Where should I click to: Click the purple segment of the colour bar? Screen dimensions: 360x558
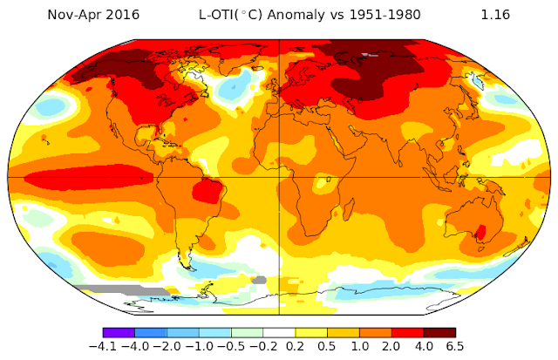[119, 332]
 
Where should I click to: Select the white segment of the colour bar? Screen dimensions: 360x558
[278, 332]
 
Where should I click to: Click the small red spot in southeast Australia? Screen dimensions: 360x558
[479, 232]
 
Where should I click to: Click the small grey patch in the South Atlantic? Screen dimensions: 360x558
[257, 280]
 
